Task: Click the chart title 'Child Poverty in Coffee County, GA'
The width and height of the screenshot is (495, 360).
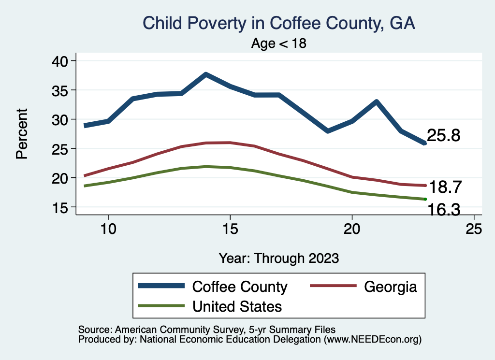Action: coord(278,23)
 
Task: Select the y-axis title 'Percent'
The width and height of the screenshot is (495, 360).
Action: coord(21,134)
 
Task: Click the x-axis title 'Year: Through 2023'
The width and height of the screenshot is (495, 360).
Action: coord(278,258)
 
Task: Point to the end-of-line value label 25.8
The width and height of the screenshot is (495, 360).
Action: coord(443,136)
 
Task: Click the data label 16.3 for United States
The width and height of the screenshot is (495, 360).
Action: coord(443,210)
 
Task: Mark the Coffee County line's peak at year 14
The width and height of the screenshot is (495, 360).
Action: coord(206,74)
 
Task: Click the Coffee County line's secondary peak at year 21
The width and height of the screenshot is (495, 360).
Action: coord(376,101)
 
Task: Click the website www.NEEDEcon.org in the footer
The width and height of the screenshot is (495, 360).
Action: coord(372,339)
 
